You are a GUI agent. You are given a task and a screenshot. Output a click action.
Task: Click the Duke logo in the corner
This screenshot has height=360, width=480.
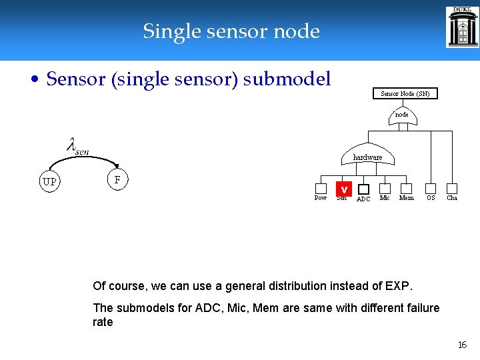click(462, 27)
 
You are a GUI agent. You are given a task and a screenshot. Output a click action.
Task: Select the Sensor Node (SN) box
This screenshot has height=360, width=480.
click(405, 94)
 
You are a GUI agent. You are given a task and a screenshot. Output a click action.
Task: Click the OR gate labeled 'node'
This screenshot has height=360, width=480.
click(402, 116)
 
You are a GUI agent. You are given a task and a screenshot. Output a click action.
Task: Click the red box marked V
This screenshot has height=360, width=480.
click(343, 189)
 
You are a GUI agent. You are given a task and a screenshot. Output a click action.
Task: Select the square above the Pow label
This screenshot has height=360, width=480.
click(321, 189)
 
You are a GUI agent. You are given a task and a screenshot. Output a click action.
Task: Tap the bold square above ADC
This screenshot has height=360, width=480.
click(363, 189)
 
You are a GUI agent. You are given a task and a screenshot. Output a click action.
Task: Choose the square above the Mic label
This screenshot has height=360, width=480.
click(385, 189)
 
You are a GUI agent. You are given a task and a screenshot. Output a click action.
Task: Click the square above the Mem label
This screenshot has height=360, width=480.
click(407, 189)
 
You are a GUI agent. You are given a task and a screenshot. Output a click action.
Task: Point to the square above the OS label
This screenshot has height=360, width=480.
click(431, 189)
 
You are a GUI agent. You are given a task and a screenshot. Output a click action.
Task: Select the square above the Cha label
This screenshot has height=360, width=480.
click(452, 189)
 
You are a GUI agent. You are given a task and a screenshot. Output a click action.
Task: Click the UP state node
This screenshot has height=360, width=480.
click(49, 181)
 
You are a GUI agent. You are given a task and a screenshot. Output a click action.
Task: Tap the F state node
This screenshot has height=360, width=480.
click(117, 180)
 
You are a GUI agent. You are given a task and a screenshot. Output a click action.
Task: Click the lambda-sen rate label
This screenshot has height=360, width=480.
click(78, 145)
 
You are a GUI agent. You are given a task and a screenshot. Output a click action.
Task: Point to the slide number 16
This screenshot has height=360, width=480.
click(462, 345)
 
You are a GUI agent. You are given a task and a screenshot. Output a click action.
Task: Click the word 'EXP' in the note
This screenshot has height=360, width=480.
click(398, 286)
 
